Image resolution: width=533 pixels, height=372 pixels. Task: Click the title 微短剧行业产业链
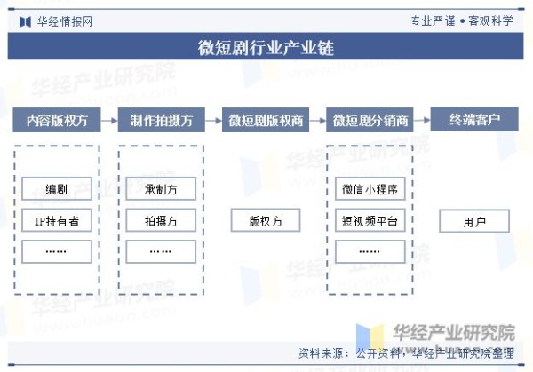click(x=266, y=47)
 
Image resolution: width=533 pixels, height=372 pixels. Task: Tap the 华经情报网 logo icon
click(x=26, y=21)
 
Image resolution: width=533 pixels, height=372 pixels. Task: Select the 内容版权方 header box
click(x=57, y=120)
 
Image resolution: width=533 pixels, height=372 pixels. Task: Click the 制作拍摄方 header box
click(x=162, y=120)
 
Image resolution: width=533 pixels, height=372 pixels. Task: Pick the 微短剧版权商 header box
click(x=266, y=120)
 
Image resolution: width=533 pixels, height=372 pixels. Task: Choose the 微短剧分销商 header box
click(x=370, y=120)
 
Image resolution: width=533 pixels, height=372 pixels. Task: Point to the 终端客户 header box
click(x=474, y=119)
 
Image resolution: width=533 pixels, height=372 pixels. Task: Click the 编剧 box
click(x=57, y=188)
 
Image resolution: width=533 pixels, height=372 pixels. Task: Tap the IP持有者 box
click(x=57, y=220)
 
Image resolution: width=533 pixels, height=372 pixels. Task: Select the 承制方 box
click(x=161, y=188)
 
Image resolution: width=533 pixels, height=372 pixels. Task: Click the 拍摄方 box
click(x=161, y=220)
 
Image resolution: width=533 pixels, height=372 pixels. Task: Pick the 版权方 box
click(x=266, y=220)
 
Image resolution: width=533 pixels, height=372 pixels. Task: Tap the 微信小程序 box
click(x=370, y=188)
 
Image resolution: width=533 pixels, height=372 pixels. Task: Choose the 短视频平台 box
click(x=370, y=220)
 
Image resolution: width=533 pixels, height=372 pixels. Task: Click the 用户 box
click(x=474, y=221)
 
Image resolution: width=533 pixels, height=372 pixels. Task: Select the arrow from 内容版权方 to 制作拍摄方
click(x=109, y=120)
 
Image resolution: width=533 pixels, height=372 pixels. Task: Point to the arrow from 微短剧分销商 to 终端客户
click(x=422, y=120)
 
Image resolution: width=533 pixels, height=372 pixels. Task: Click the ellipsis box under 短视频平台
click(x=370, y=252)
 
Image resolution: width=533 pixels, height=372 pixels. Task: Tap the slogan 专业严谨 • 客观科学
click(x=462, y=21)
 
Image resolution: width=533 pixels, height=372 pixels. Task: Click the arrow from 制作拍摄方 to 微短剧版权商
click(x=213, y=120)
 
